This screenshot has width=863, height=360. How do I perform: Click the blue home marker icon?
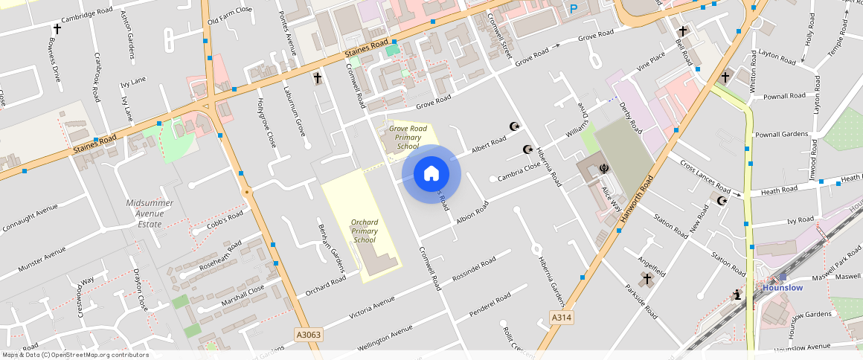431,174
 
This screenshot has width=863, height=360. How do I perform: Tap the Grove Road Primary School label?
408,138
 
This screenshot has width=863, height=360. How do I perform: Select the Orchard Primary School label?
364,231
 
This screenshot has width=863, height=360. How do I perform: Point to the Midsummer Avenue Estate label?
150,213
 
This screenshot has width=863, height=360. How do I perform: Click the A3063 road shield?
307,335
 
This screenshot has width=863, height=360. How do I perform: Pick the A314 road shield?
562,318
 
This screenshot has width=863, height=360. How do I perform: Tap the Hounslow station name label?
782,288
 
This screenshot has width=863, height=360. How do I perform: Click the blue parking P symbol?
573,9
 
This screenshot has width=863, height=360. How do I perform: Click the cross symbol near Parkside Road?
647,279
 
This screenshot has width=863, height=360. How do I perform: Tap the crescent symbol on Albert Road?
513,127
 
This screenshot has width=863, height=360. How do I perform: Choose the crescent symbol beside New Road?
721,200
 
